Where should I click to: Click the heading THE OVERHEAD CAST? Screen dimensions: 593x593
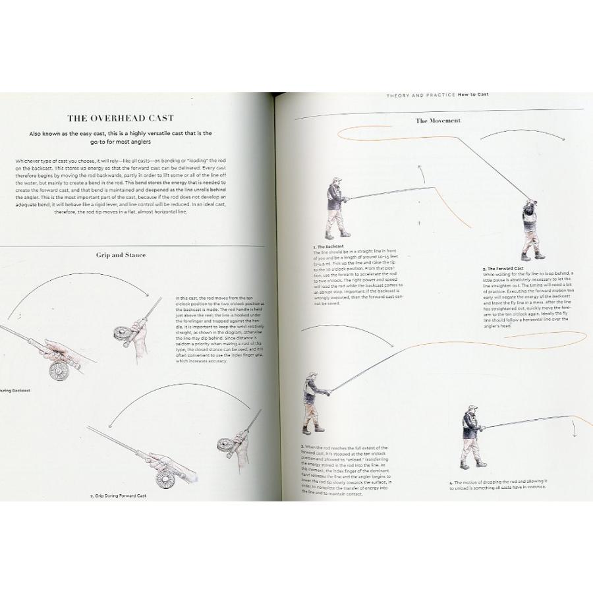[x=120, y=118]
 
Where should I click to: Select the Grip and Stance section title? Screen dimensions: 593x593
[x=121, y=254]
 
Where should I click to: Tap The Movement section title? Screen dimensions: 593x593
[x=438, y=121]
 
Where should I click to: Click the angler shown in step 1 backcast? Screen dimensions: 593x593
[x=337, y=208]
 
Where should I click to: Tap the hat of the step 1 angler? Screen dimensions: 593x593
[x=336, y=180]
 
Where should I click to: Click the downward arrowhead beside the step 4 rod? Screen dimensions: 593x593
[x=576, y=435]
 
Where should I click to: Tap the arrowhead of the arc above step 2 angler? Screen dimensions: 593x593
[x=565, y=139]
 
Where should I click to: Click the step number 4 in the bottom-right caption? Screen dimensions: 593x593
[x=451, y=482]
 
